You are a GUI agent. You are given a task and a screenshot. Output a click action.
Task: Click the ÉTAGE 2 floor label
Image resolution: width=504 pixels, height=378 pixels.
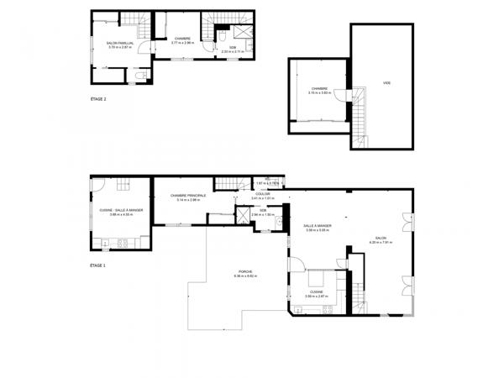[97, 99]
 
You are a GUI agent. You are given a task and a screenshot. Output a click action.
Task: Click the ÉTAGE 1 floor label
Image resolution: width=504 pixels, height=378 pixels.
[97, 265]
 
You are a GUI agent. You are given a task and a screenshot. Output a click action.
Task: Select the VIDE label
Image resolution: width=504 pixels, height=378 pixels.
[386, 82]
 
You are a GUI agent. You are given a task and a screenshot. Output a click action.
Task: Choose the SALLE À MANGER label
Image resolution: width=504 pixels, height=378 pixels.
[318, 225]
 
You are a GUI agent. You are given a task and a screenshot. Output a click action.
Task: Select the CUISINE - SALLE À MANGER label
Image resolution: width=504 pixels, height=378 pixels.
[122, 210]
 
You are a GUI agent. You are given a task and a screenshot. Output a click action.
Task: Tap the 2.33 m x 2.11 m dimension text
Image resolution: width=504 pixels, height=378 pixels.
[245, 50]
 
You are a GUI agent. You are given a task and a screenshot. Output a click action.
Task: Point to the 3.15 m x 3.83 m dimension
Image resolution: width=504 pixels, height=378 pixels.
[319, 92]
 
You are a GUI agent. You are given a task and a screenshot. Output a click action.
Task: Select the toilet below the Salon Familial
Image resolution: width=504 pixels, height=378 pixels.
[139, 76]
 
